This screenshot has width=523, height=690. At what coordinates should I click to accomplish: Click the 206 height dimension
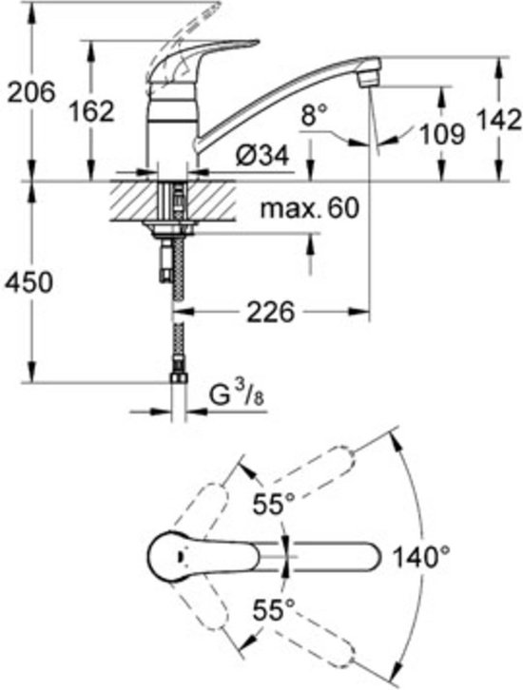click(x=32, y=92)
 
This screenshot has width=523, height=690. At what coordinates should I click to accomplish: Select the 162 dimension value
click(x=92, y=111)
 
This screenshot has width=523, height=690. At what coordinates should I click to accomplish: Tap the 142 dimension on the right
click(x=499, y=119)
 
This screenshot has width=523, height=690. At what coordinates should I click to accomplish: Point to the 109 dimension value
click(x=441, y=134)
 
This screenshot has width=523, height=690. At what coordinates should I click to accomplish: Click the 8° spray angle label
click(x=315, y=115)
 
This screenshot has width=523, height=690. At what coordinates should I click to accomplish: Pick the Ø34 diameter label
click(x=262, y=155)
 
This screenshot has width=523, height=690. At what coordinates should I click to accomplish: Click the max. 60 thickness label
click(x=309, y=208)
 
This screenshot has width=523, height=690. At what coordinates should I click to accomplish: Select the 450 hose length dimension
click(x=29, y=282)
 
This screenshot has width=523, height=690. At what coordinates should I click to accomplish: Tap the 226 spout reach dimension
click(x=270, y=312)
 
